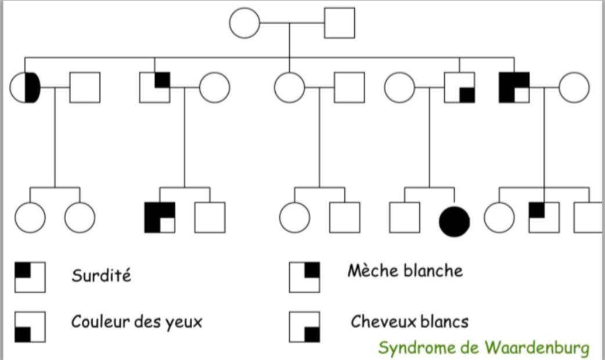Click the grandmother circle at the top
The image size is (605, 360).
tap(244, 24)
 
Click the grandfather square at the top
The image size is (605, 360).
tap(339, 24)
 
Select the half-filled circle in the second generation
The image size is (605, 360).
tap(26, 87)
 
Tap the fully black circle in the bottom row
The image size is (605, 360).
tap(455, 218)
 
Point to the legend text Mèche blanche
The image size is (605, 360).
tap(405, 270)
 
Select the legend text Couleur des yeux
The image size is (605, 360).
tap(136, 321)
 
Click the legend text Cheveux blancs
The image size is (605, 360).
tap(409, 321)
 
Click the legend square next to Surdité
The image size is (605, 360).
tap(30, 276)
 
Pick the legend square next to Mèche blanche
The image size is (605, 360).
tap(304, 277)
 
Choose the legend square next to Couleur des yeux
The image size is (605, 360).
tap(30, 326)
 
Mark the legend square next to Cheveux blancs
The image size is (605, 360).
tap(304, 326)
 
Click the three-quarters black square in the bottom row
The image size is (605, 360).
tap(160, 217)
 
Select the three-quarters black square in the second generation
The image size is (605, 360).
tap(514, 87)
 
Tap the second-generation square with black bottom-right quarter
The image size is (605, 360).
tap(459, 87)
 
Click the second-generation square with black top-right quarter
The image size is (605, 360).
tap(154, 87)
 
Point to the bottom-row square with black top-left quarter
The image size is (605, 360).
tap(544, 217)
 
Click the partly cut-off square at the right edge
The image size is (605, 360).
tap(589, 217)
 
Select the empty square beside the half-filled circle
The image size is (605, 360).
tap(85, 87)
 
